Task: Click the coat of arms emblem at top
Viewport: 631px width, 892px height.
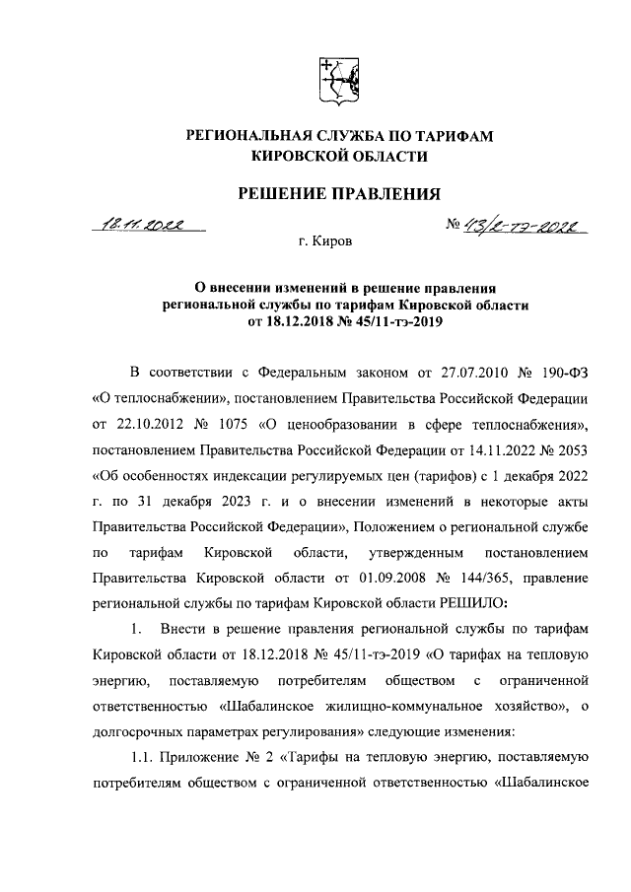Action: tap(332, 80)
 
